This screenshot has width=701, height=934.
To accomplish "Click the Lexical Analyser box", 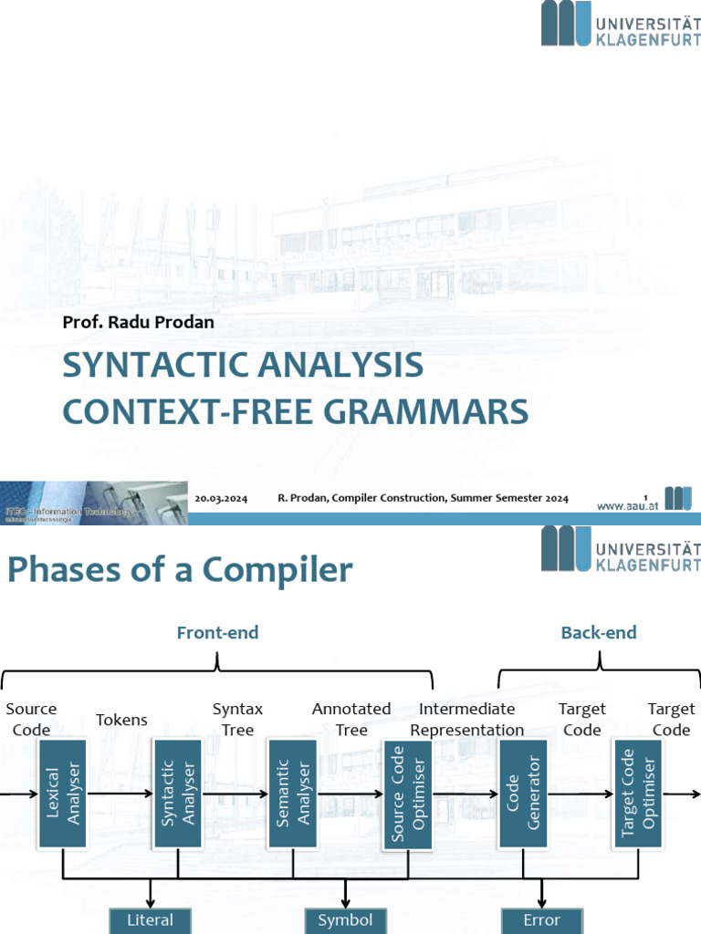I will pos(62,794).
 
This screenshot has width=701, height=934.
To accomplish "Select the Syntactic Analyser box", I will pos(177,794).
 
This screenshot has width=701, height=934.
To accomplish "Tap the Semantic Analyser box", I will pos(292,794).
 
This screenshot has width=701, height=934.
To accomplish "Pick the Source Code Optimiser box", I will pos(408,794).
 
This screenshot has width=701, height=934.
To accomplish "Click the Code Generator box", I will pos(523,794).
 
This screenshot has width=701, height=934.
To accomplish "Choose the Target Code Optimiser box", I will pos(638,794).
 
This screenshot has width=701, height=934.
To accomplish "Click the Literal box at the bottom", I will pos(150,920).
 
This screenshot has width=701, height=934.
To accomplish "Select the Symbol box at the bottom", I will pos(345,920).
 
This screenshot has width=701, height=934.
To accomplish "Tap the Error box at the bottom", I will pos(542,920).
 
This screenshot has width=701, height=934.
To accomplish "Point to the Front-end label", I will pos(217,633).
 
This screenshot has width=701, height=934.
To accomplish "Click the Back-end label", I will pos(599,633).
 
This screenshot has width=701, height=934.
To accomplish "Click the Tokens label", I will pos(121,720).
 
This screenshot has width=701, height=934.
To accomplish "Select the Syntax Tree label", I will pos(237,719).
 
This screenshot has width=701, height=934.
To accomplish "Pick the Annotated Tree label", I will pos(351,719).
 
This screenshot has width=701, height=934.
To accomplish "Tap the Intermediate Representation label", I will pos(467,719).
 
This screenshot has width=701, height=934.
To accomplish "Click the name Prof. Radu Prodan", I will pos(138,322).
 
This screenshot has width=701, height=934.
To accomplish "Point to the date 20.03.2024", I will pos(222,498).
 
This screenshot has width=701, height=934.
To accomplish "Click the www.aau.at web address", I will pos(628,504).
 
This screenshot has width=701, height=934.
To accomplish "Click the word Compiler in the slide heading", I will pos(277,570).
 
